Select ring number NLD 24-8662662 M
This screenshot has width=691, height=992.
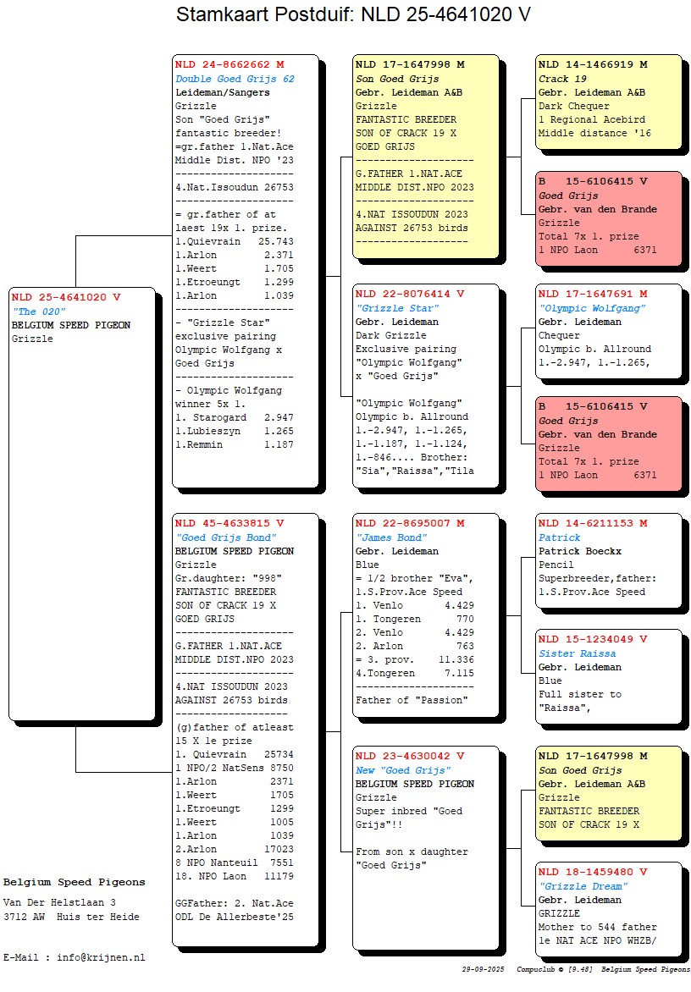click(x=229, y=64)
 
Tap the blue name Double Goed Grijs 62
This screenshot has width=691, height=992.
click(x=235, y=79)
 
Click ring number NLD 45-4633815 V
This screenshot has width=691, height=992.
click(x=229, y=524)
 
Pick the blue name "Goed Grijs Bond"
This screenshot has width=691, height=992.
click(x=226, y=537)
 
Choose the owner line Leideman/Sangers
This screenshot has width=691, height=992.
click(x=223, y=92)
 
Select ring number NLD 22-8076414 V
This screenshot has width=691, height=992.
click(x=410, y=295)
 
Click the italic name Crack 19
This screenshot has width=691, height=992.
click(x=560, y=79)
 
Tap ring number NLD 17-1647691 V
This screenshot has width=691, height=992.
click(x=593, y=295)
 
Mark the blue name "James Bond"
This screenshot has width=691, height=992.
click(x=391, y=537)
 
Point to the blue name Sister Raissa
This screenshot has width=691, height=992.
click(x=578, y=653)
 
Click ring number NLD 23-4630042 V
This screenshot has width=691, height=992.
click(x=410, y=757)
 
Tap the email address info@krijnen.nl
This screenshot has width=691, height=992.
click(x=101, y=957)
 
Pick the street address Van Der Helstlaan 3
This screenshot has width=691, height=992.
click(x=59, y=903)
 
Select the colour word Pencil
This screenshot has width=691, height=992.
click(x=556, y=565)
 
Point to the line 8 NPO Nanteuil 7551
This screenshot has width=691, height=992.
click(x=235, y=862)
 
